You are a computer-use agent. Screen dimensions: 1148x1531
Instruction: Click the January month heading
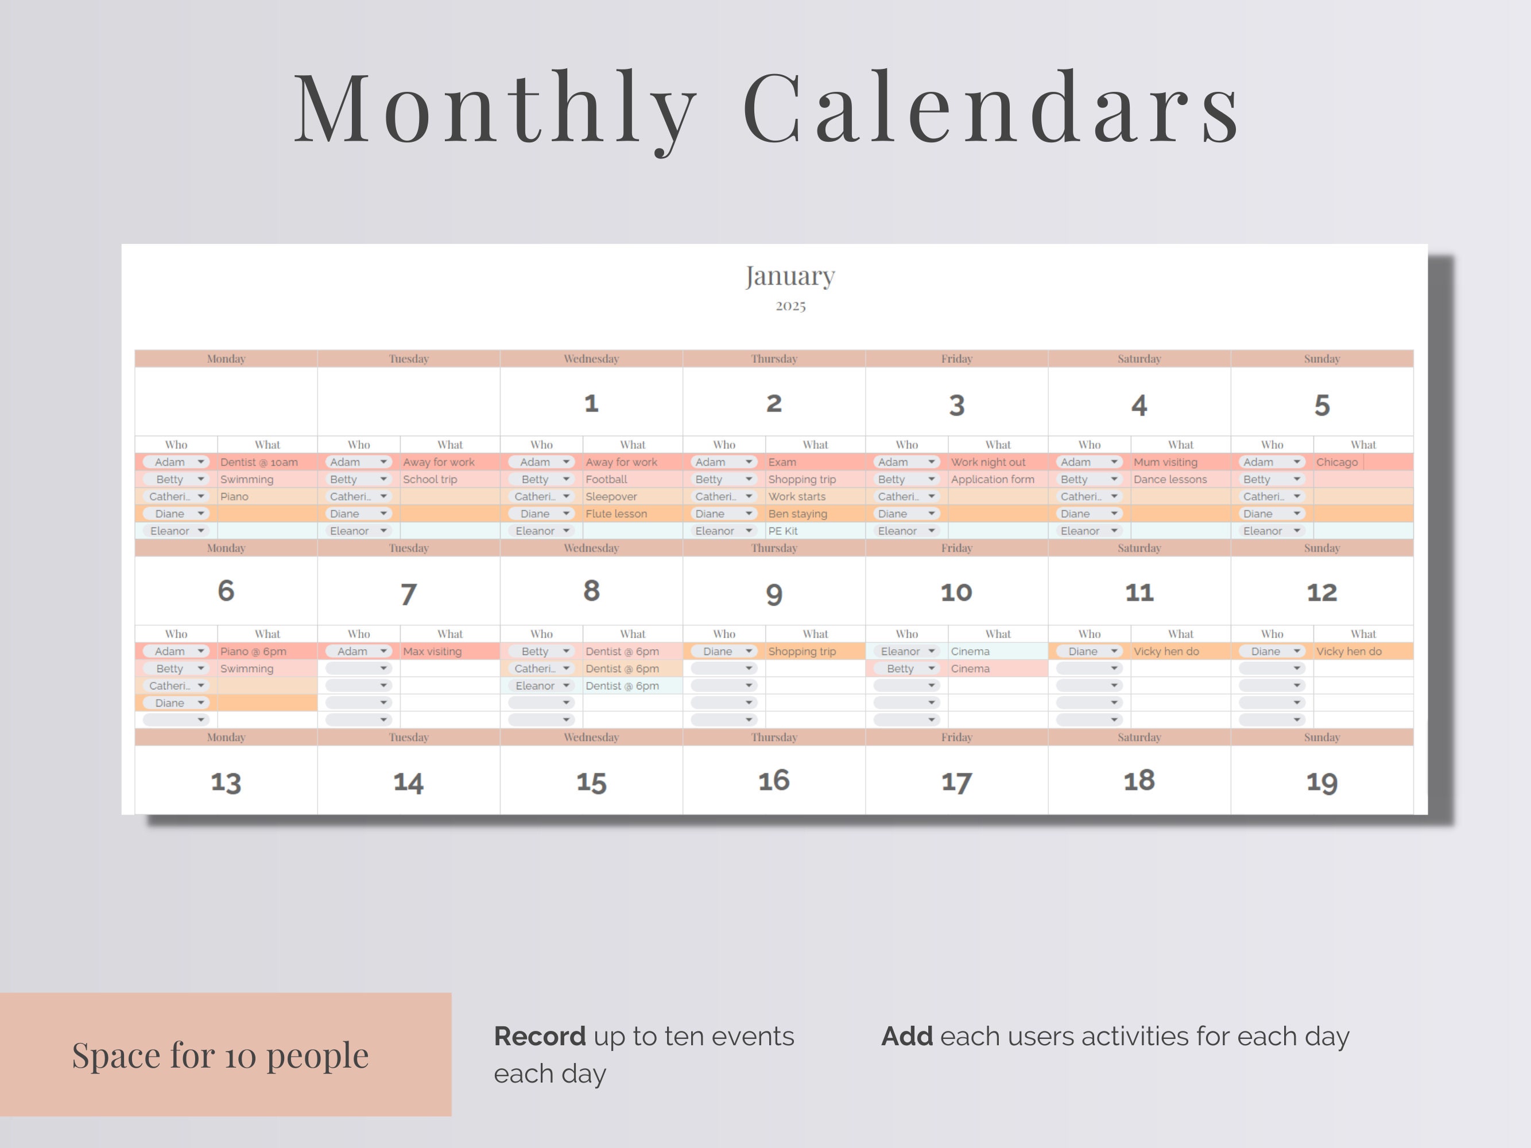790,276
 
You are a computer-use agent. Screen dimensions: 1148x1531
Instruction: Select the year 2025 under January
790,306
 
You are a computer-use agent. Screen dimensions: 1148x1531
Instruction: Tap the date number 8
591,591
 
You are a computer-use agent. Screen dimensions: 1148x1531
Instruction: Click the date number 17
956,782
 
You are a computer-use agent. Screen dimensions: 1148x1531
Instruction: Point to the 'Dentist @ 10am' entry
259,462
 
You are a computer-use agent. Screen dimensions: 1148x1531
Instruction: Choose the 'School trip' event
430,479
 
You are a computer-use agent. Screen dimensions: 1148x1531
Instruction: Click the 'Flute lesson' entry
616,514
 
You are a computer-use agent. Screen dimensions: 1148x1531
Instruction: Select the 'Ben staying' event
797,514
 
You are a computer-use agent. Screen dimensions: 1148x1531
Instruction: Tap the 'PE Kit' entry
783,532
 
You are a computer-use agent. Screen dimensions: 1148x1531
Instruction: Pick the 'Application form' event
993,479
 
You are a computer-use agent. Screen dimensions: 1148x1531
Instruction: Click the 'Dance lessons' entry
1170,479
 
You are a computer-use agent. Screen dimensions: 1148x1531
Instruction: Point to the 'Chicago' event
1336,462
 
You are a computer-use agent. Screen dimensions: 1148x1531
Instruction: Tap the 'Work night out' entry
988,462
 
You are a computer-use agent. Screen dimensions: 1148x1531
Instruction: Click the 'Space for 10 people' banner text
220,1055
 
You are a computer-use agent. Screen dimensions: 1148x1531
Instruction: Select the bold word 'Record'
539,1037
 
